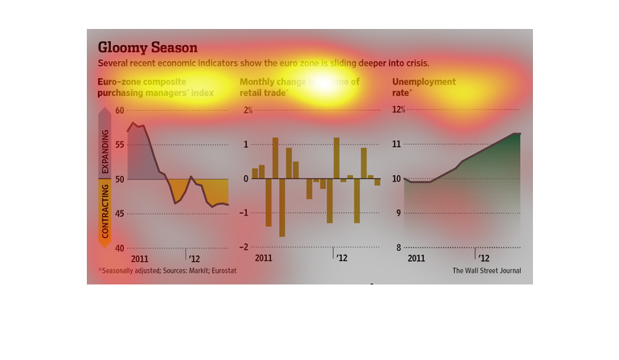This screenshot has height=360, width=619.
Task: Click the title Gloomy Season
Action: tap(147, 47)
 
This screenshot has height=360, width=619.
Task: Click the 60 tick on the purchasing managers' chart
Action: tap(120, 110)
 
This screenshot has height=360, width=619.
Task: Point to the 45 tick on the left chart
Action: tap(120, 214)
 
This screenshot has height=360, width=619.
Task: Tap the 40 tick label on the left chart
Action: tap(120, 248)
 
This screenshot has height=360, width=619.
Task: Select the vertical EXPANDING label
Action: tap(105, 149)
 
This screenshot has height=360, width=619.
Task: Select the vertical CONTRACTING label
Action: tap(105, 211)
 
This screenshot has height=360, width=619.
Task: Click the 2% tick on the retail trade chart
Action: tap(248, 110)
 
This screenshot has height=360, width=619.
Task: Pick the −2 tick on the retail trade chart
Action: tap(248, 247)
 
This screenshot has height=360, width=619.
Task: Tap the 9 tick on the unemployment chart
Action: tap(396, 214)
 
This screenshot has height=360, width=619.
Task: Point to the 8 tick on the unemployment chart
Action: tap(396, 248)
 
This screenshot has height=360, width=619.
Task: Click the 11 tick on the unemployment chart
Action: tap(396, 145)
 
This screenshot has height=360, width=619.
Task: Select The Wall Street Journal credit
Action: tap(486, 271)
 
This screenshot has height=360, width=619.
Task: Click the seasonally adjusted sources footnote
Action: tap(167, 271)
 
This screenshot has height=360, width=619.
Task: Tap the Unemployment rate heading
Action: tap(424, 88)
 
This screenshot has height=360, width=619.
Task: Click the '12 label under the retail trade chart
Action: tap(342, 259)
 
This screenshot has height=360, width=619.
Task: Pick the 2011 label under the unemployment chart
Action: tap(416, 259)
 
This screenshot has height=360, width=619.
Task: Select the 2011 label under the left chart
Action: tap(140, 259)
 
